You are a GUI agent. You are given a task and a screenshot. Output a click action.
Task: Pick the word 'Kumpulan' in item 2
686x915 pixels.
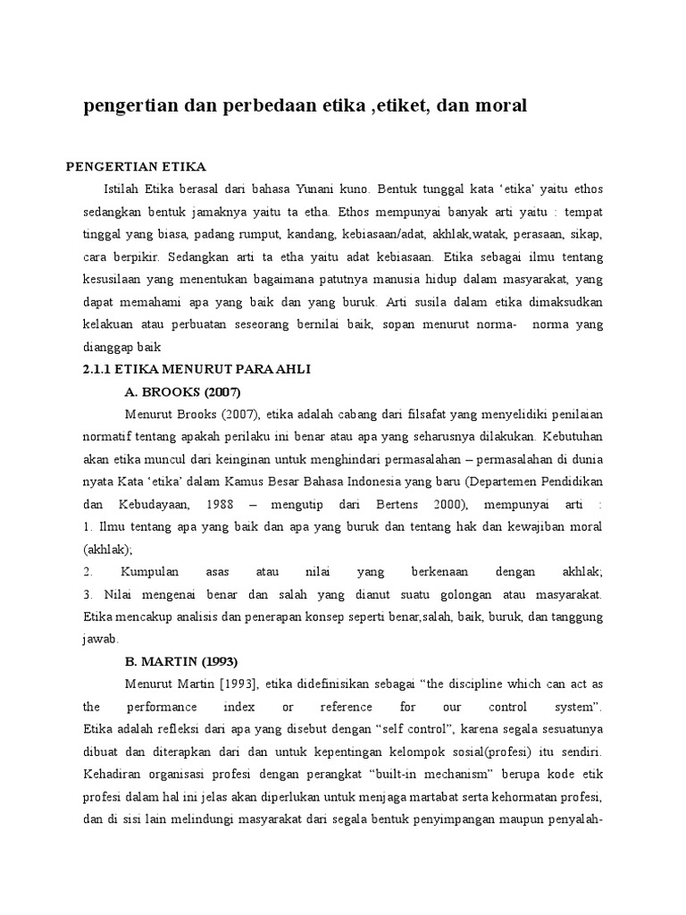pos(142,571)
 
